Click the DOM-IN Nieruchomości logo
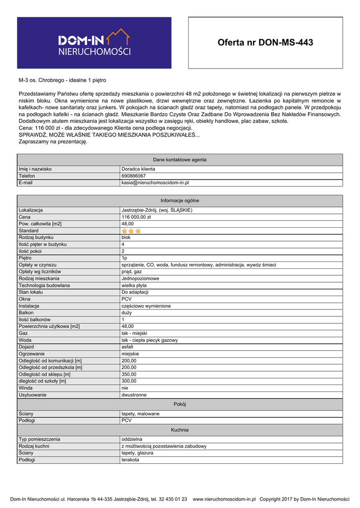94,43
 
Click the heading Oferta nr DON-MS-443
265,43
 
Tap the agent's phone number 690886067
134,176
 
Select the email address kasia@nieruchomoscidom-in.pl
155,183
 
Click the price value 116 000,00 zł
136,217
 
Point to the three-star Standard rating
131,231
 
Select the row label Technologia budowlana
44,285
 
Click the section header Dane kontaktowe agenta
180,160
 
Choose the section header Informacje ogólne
180,200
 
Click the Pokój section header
180,404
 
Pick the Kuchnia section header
180,430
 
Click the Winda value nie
125,388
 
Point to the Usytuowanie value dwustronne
134,395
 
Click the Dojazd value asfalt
128,347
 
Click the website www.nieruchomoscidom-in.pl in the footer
224,499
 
